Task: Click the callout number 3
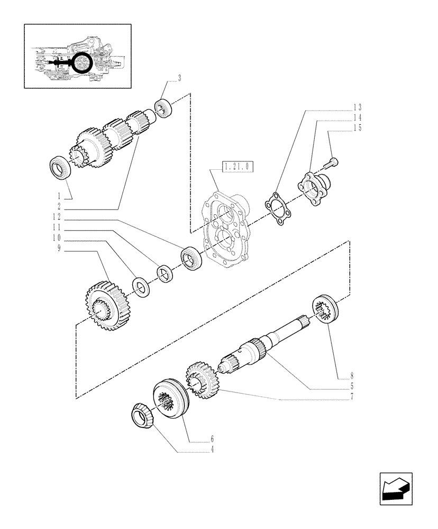coord(179,79)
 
